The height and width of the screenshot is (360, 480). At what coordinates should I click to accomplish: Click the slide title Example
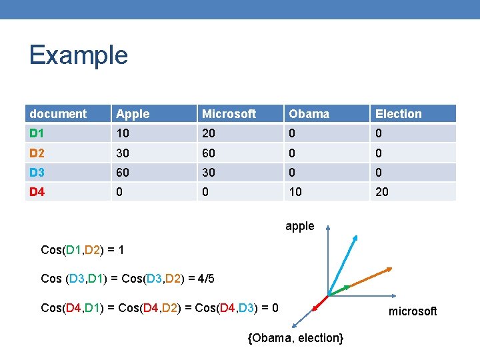[x=78, y=55]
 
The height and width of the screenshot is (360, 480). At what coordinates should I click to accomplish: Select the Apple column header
[x=133, y=114]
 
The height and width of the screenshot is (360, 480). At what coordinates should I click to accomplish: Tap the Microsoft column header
[x=229, y=114]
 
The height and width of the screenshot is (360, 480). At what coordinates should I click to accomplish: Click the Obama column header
[x=309, y=114]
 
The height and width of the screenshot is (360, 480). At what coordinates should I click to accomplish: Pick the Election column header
[x=398, y=114]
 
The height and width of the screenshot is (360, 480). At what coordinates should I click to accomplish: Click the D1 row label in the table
[x=38, y=133]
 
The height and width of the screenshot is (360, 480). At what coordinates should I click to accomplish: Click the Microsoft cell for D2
[x=209, y=153]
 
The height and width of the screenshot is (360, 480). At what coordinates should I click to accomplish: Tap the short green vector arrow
[x=340, y=289]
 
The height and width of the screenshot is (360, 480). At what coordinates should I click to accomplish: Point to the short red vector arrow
[x=321, y=301]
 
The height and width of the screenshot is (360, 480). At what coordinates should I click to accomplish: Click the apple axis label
[x=299, y=226]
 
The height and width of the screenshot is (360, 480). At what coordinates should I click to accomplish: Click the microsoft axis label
[x=413, y=311]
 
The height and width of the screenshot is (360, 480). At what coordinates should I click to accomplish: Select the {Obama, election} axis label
[x=295, y=338]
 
